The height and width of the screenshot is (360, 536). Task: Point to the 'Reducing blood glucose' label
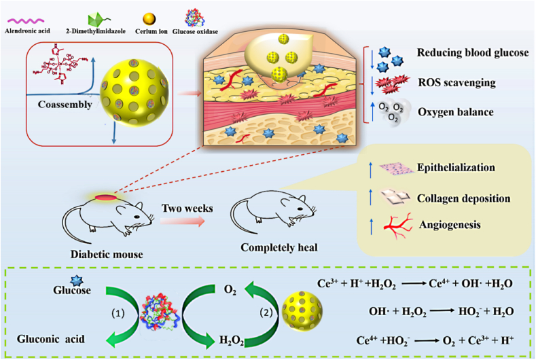click(x=474, y=53)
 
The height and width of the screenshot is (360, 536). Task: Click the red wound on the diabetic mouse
click(x=105, y=198)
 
